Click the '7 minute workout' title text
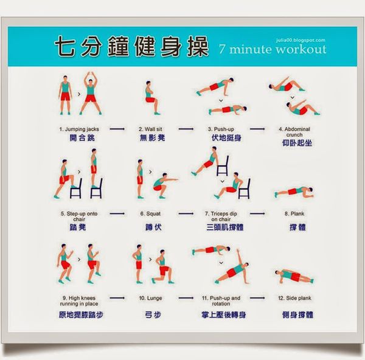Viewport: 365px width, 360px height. pyautogui.click(x=273, y=49)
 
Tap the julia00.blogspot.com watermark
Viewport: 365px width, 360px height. pyautogui.click(x=301, y=40)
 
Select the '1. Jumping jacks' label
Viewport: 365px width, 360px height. pyautogui.click(x=79, y=129)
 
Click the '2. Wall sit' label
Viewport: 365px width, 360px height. pyautogui.click(x=150, y=129)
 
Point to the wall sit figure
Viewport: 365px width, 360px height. pyautogui.click(x=151, y=98)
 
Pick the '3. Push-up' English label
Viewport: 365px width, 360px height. pyautogui.click(x=221, y=129)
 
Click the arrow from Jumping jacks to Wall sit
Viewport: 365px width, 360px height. pyautogui.click(x=117, y=129)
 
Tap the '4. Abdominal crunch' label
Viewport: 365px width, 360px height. pyautogui.click(x=294, y=132)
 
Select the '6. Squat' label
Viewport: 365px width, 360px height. pyautogui.click(x=150, y=213)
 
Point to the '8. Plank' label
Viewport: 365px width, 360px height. pyautogui.click(x=294, y=213)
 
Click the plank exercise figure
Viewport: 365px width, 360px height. pyautogui.click(x=294, y=192)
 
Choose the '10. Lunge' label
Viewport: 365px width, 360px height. pyautogui.click(x=150, y=298)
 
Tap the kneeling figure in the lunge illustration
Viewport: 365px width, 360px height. pyautogui.click(x=163, y=267)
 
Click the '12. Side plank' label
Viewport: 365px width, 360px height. pyautogui.click(x=294, y=298)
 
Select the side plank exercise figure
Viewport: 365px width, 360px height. pyautogui.click(x=294, y=277)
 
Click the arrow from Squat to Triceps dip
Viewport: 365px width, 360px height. pyautogui.click(x=186, y=213)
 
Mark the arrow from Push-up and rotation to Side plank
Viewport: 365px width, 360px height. pyautogui.click(x=257, y=298)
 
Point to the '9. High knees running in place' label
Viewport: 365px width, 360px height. pyautogui.click(x=79, y=301)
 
